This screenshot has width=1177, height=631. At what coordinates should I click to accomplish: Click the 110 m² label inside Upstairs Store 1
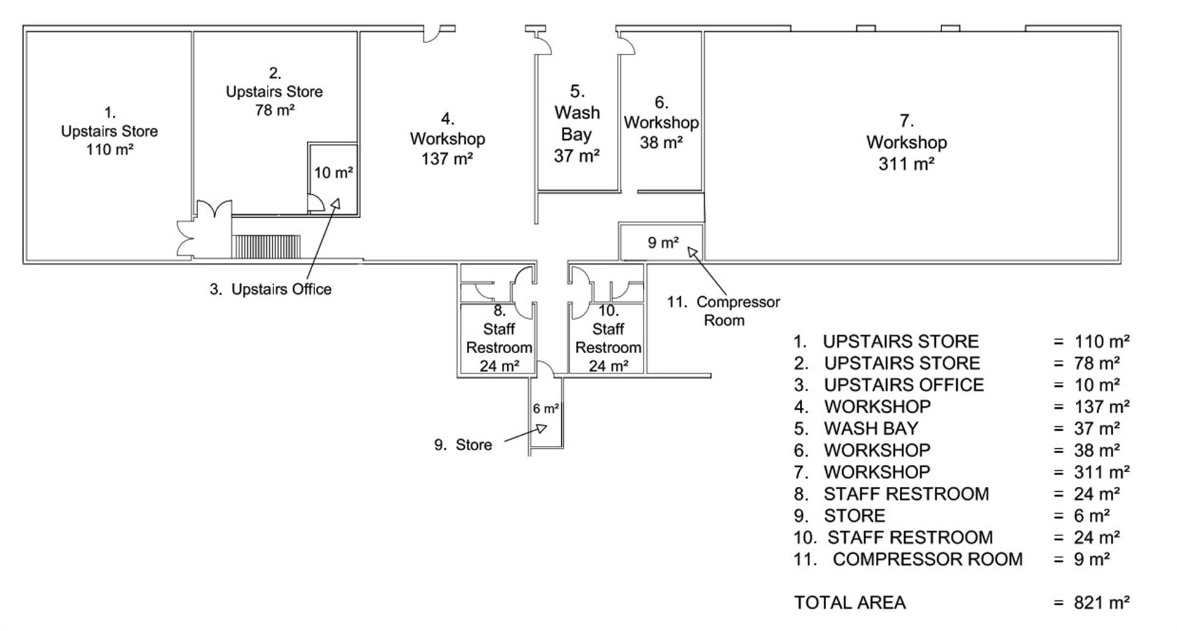pos(110,150)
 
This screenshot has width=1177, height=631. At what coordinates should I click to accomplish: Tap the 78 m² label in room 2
pos(274,110)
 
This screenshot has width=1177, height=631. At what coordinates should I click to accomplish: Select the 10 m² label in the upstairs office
pos(333,173)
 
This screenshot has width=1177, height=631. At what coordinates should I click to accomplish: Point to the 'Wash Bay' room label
pos(577,123)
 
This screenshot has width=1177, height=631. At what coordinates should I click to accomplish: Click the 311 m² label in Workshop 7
pos(906,164)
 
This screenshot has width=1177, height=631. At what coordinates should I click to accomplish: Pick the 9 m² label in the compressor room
pos(663,243)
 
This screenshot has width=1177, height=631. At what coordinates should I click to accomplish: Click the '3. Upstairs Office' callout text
pos(270,289)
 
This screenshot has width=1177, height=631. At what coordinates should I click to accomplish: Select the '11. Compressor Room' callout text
pos(724,311)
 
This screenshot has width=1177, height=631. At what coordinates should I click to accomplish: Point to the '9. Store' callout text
pos(463,445)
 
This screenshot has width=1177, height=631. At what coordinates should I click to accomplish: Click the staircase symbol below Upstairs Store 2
pos(266,246)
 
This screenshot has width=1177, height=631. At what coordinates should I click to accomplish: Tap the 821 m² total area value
pos(1101,603)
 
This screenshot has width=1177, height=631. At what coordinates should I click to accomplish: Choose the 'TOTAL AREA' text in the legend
pos(849,603)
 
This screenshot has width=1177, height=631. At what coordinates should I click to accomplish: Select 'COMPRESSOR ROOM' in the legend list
pos(927,559)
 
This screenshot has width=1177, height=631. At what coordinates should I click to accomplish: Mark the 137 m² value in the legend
pos(1101,407)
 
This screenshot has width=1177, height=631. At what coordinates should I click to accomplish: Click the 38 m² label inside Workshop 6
pos(661,143)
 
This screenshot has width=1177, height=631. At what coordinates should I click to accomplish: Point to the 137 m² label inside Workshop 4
pos(447,159)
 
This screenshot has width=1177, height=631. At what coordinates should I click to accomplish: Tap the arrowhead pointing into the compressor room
pos(692,251)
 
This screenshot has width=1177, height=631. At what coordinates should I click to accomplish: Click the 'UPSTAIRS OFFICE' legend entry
pos(903,385)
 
